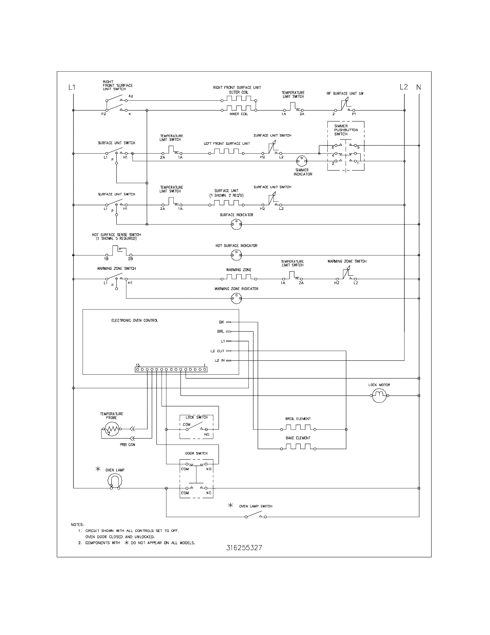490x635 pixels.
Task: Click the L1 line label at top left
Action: pos(72,87)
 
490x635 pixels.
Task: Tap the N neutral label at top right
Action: pos(419,87)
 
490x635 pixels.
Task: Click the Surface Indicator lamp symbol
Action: pos(236,224)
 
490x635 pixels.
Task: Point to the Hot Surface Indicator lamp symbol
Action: pos(236,255)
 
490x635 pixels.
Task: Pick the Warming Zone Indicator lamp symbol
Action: pos(236,298)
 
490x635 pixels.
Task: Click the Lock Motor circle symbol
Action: pos(379,395)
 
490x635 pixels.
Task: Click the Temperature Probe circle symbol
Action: pos(111,429)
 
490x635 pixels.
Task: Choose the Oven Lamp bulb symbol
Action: pos(115,481)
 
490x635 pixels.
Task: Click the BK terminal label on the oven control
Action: pos(221,322)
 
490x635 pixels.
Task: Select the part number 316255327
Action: pos(244,548)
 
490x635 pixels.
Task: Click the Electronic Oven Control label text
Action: pos(135,320)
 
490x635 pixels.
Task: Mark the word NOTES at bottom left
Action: pos(77,525)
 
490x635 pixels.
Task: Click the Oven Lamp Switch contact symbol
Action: pos(256,516)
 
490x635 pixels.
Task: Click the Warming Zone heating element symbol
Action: pos(239,277)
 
